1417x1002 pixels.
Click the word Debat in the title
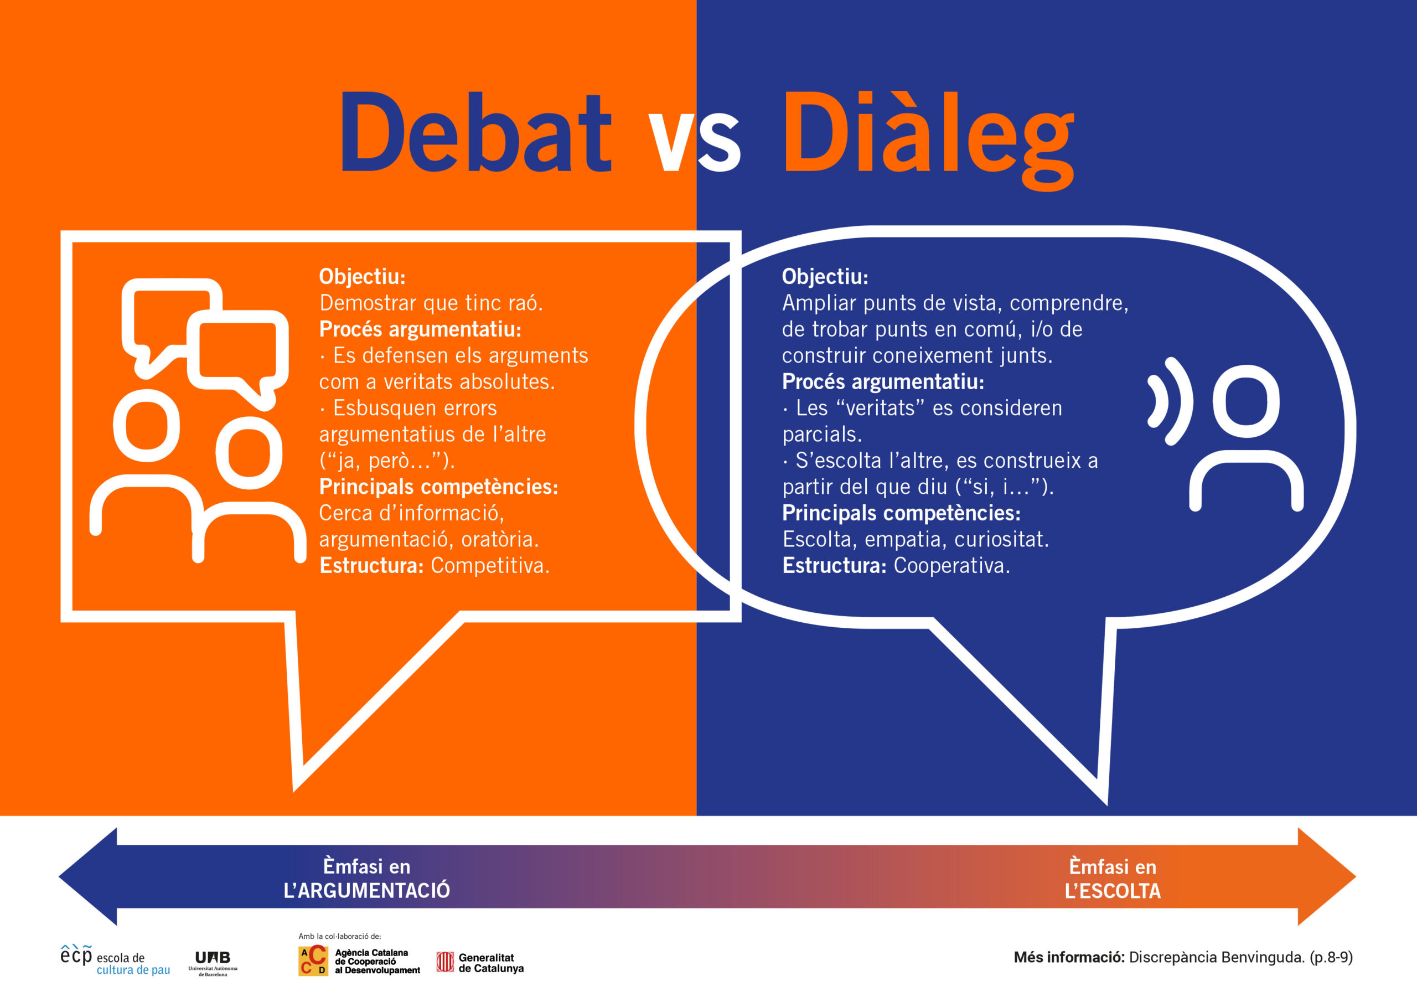coord(476,132)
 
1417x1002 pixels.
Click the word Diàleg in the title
coord(928,139)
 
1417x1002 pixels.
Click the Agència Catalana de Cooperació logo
coord(359,961)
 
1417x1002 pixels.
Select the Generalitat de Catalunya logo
coord(480,963)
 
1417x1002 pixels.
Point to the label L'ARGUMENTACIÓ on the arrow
coord(366,890)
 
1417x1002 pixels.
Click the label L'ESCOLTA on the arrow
coord(1113,891)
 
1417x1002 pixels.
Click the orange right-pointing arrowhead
coord(1327,877)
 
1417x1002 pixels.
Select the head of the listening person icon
coord(1246,401)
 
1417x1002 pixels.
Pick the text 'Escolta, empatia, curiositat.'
coord(916,540)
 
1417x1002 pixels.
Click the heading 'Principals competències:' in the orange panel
coord(438,487)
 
